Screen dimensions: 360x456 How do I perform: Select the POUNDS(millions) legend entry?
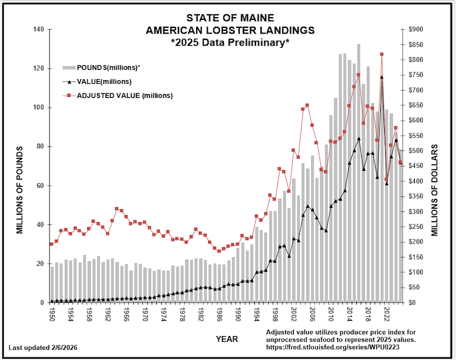point(108,68)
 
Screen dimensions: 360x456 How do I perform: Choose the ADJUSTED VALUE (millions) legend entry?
point(125,95)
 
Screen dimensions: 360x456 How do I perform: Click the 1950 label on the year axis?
point(52,315)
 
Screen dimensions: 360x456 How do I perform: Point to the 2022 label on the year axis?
point(386,315)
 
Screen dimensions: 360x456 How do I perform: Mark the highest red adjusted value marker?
point(381,54)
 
